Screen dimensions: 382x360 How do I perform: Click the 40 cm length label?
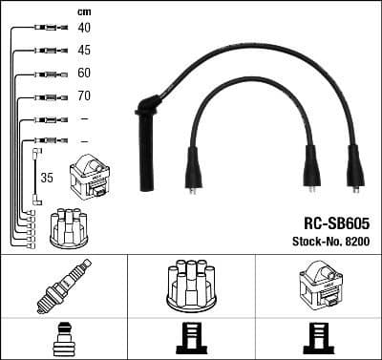[x=84, y=28]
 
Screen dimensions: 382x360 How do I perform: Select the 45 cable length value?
[x=84, y=50]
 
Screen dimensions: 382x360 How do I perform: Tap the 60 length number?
[x=84, y=74]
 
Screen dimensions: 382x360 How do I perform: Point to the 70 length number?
[x=84, y=96]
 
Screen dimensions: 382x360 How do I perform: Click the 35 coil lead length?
[x=46, y=177]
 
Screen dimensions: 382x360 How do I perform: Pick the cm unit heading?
[x=82, y=11]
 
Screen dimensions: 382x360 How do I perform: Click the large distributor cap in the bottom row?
[x=191, y=286]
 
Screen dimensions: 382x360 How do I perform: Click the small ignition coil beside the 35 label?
[x=91, y=177]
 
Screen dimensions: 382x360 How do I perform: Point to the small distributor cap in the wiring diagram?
[x=68, y=225]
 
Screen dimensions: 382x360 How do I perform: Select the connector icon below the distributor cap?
[x=191, y=340]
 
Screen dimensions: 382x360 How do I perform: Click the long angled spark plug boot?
[x=148, y=143]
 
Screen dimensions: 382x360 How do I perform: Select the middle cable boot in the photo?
[x=309, y=167]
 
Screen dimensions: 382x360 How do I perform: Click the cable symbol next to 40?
[x=48, y=29]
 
